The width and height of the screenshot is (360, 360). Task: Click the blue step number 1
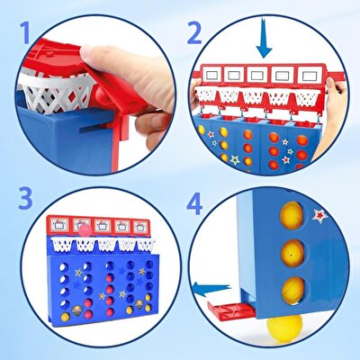click(25, 33)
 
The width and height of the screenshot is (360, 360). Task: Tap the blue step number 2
click(194, 33)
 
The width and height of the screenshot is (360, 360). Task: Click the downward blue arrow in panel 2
click(264, 38)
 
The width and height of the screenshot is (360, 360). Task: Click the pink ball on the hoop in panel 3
click(85, 231)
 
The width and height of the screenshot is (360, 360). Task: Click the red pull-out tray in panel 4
click(231, 310)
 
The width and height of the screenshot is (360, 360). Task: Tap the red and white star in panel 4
click(319, 215)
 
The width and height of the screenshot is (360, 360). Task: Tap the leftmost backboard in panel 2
click(211, 75)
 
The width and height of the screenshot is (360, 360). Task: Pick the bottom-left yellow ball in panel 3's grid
click(65, 317)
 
